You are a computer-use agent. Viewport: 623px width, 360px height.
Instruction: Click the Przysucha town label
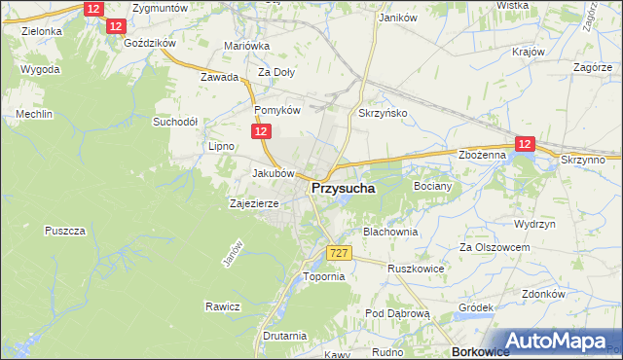click(x=345, y=190)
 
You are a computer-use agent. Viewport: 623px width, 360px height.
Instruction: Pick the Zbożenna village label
click(x=482, y=155)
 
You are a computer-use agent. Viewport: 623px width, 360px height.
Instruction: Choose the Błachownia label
click(x=390, y=233)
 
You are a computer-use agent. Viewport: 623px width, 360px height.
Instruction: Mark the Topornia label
click(x=324, y=276)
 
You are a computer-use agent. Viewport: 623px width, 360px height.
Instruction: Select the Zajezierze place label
click(x=254, y=204)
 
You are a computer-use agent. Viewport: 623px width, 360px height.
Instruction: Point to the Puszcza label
click(x=66, y=231)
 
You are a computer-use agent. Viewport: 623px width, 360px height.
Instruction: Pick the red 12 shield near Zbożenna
click(x=525, y=144)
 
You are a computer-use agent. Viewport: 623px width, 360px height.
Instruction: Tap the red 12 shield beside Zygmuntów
click(x=93, y=9)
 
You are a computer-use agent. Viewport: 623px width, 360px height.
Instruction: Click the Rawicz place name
click(x=222, y=306)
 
